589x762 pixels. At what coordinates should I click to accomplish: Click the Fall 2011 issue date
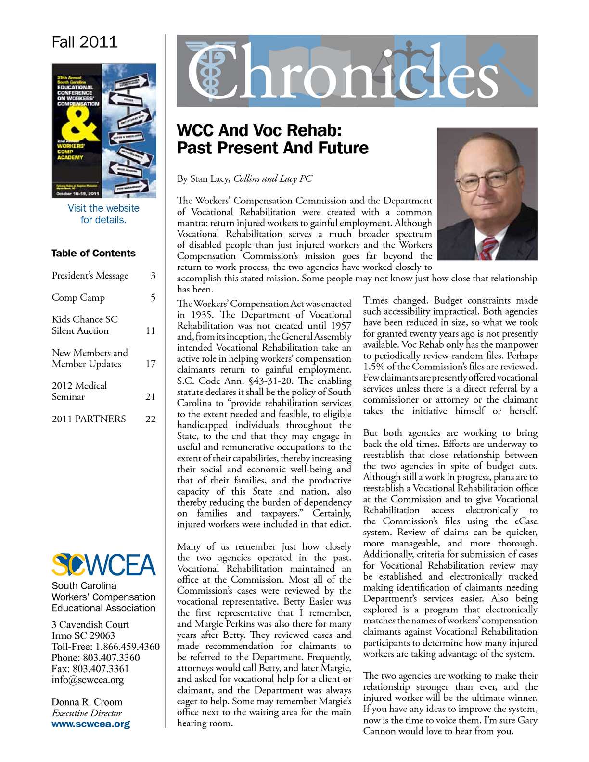coord(85,42)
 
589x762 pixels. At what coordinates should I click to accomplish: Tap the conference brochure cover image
coord(104,130)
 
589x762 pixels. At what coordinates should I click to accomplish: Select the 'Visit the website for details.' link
coord(103,214)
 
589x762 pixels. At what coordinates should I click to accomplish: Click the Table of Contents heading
coord(93,253)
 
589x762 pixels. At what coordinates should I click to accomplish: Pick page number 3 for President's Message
coord(153,276)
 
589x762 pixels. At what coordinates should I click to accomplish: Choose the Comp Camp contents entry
coord(78,298)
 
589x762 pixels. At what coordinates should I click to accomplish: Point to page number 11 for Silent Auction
coord(150,331)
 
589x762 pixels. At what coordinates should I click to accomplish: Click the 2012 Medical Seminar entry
coord(79,391)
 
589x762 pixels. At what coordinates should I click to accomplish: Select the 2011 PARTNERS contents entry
coord(89,419)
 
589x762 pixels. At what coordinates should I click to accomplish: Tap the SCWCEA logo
coord(103,565)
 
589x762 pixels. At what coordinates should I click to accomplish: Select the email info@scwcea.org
coord(88,680)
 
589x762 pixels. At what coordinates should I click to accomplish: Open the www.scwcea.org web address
coord(90,724)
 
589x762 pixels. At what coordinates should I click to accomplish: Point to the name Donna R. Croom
coord(87,702)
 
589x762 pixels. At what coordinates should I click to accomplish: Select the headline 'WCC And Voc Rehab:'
coord(259,130)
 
